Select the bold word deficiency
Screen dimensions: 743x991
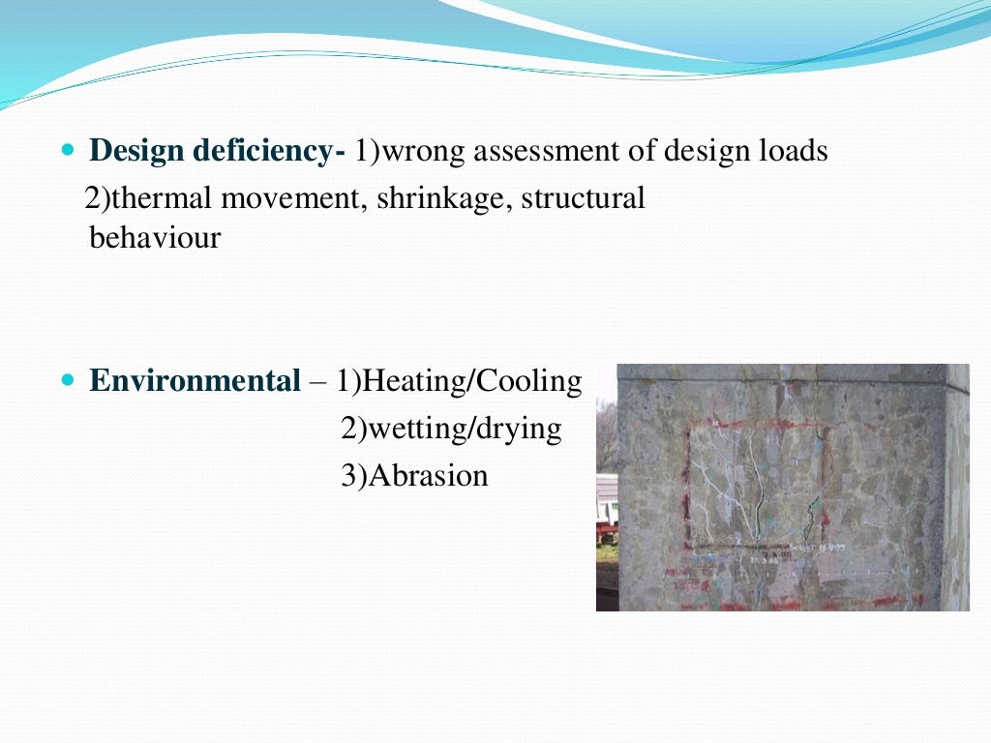(261, 152)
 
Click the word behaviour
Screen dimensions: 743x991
(155, 237)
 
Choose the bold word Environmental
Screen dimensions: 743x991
(195, 381)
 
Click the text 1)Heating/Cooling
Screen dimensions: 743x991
(459, 381)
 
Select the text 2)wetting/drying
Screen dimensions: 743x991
(451, 428)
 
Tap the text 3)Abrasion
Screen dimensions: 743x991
(414, 475)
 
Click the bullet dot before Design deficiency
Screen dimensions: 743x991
(67, 152)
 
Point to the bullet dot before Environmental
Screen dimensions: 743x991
(67, 380)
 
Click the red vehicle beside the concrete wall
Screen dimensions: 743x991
(607, 530)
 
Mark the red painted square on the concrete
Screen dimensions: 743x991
(754, 484)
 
